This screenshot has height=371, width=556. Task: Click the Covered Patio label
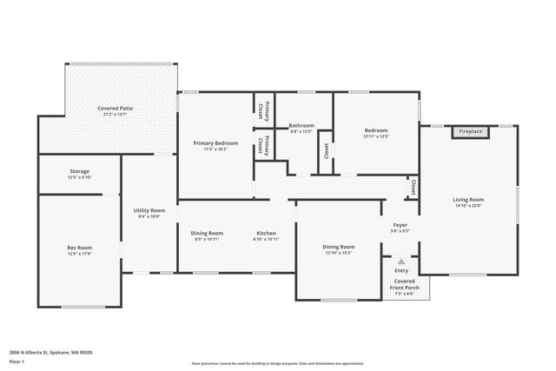[x=115, y=108]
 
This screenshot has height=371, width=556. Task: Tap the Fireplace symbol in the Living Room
[x=472, y=131]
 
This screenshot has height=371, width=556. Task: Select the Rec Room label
[x=80, y=248]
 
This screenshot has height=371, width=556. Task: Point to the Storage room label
[x=80, y=171]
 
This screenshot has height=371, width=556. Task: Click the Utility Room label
[x=149, y=210]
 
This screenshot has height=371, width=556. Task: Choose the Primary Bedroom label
[x=215, y=142]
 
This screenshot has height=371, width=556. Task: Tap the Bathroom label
[x=301, y=125]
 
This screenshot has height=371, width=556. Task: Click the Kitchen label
[x=266, y=233]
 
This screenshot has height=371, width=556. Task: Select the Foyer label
[x=400, y=225]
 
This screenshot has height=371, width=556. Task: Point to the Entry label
[x=400, y=270]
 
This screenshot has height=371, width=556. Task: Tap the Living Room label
[x=468, y=200]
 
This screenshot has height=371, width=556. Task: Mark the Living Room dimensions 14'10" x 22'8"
[x=468, y=207]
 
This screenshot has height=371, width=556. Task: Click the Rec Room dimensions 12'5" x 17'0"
[x=80, y=255]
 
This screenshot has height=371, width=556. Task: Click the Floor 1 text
[x=17, y=361]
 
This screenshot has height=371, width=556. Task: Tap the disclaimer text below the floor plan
[x=277, y=362]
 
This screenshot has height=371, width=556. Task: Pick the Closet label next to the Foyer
[x=413, y=187]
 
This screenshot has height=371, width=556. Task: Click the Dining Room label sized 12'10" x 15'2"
[x=339, y=247]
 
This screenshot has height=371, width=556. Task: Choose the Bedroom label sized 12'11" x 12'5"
[x=375, y=130]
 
